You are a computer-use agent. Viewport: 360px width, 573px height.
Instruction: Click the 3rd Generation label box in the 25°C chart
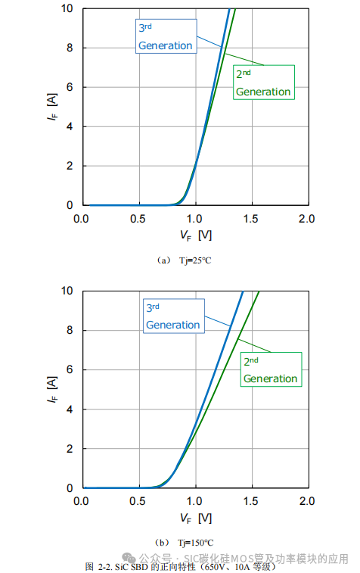click(x=165, y=36)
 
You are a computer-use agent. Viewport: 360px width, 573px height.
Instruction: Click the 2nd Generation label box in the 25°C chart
click(x=262, y=83)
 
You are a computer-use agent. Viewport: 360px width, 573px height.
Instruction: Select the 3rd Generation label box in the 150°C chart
click(x=173, y=316)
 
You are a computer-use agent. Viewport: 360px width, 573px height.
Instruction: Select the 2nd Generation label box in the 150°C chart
click(x=270, y=369)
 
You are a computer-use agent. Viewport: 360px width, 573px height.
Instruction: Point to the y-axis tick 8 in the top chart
click(x=68, y=48)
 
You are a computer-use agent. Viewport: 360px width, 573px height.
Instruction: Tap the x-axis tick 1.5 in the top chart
click(x=251, y=220)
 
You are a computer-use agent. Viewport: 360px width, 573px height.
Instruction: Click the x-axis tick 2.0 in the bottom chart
click(x=307, y=502)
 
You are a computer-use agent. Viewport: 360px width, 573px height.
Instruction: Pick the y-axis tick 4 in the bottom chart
click(x=68, y=410)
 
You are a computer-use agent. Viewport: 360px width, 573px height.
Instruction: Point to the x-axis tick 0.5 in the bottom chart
click(x=138, y=502)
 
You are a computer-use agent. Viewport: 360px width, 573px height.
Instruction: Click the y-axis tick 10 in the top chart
click(x=66, y=8)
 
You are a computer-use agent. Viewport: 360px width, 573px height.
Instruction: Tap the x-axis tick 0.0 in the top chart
click(x=82, y=220)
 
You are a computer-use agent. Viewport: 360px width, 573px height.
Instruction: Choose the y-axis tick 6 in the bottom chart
click(x=68, y=370)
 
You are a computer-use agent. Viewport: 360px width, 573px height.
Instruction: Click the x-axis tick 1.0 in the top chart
click(x=194, y=220)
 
